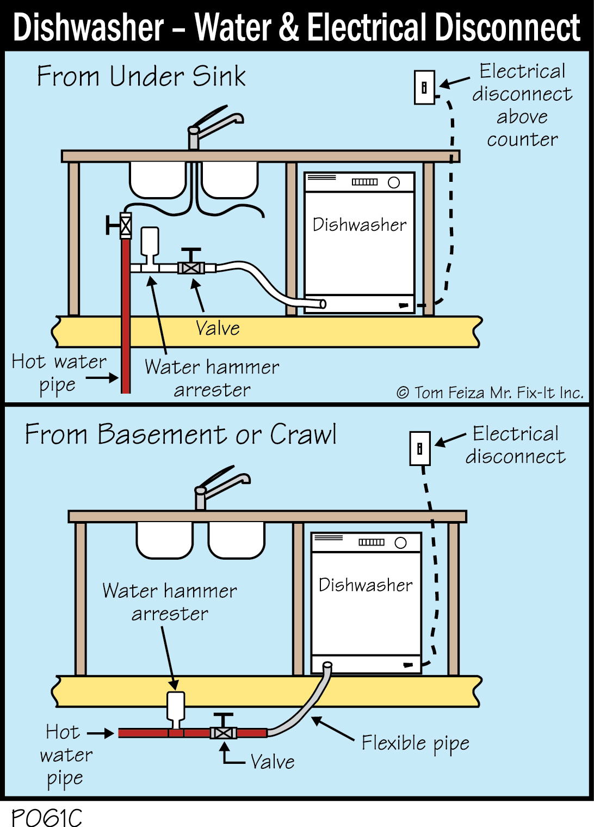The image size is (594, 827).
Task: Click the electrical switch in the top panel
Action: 424,88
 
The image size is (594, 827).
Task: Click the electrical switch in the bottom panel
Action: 420,449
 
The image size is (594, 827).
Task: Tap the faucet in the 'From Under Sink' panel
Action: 212,127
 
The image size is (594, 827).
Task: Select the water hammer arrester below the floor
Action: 175,708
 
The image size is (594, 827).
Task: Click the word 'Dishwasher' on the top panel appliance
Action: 360,225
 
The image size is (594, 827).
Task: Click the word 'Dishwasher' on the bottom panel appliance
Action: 366,585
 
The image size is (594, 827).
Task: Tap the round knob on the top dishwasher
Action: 394,183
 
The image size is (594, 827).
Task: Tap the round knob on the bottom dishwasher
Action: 401,543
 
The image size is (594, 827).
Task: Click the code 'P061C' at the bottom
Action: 47,817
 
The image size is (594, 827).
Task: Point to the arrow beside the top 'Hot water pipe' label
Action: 103,377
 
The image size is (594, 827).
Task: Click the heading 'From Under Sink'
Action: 141,76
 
